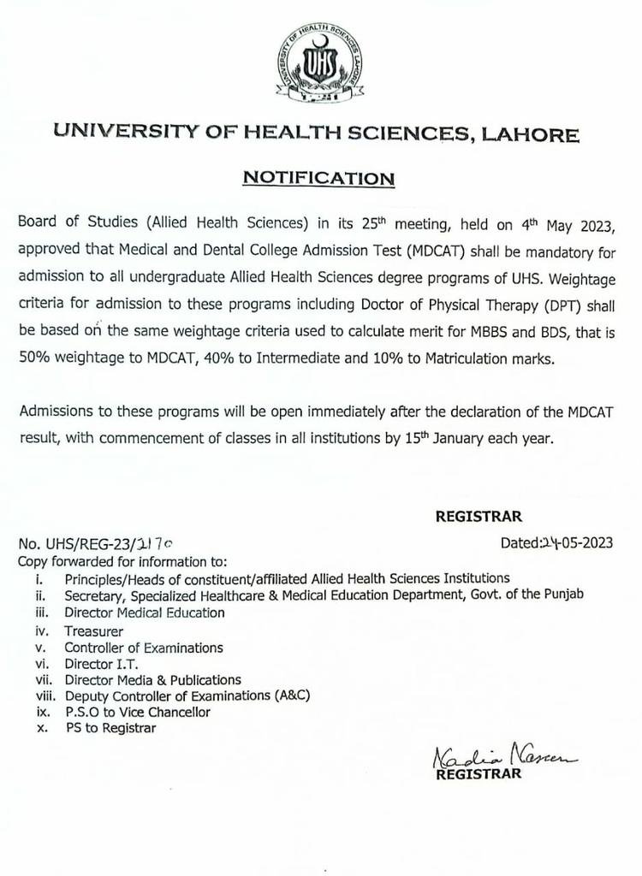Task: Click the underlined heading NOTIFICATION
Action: tap(318, 178)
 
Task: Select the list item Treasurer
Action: tap(93, 630)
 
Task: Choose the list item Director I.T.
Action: tap(101, 663)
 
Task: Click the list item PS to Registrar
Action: tap(111, 728)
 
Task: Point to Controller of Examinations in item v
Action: tap(143, 648)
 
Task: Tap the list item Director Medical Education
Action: tap(145, 612)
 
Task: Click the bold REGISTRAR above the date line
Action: tap(479, 516)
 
